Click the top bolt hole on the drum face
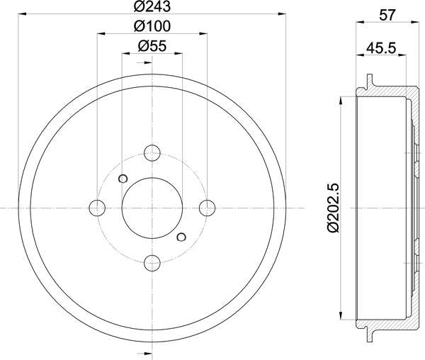[x=152, y=152]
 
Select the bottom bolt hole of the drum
[x=152, y=263]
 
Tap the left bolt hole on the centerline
[x=96, y=207]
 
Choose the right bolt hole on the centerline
[x=207, y=207]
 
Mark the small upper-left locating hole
[x=123, y=178]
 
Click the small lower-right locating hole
[x=181, y=236]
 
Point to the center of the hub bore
[x=152, y=207]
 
